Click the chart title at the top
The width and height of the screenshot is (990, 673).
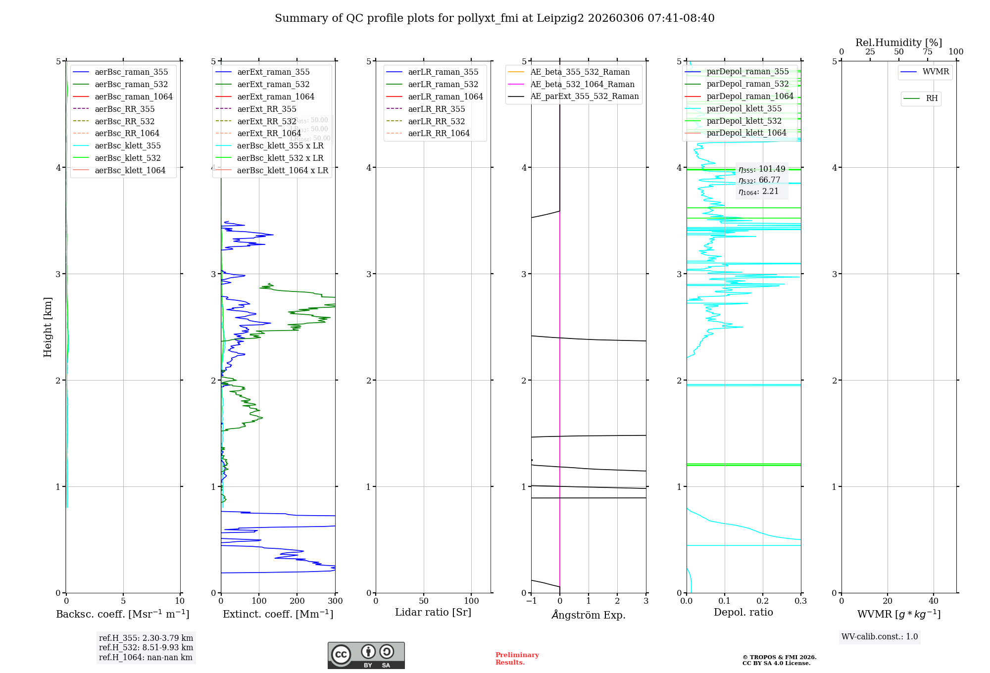(495, 18)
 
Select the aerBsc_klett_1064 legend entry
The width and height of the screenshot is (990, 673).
(130, 170)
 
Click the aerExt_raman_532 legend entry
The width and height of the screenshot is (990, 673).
(273, 84)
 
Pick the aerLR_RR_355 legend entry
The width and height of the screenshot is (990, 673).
(436, 109)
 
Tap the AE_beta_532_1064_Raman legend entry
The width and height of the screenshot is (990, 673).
(582, 84)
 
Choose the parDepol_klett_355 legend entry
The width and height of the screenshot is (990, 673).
(744, 108)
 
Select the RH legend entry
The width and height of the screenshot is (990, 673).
(932, 98)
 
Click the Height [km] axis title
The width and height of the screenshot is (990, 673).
(48, 327)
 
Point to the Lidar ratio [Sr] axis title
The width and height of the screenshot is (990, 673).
(433, 612)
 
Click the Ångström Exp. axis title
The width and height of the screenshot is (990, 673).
(589, 615)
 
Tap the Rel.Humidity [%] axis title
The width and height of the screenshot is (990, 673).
(898, 43)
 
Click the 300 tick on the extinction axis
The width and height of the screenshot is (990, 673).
(335, 601)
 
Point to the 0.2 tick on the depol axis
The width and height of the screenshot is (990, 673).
(763, 601)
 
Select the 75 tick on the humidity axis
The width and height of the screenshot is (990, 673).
(927, 52)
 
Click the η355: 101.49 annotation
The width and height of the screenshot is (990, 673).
(762, 169)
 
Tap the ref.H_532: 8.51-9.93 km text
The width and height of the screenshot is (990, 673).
(146, 647)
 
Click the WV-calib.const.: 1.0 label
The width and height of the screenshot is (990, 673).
(880, 637)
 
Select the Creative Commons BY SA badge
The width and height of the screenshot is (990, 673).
(366, 655)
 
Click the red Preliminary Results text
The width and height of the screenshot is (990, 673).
(517, 658)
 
